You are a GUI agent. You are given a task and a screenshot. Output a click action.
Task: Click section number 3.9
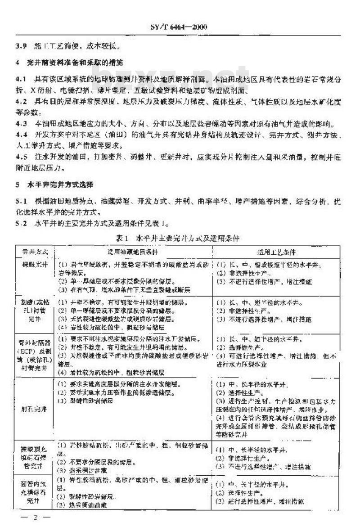tap(21, 46)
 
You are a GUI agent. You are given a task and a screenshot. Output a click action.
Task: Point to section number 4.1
tap(21, 79)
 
